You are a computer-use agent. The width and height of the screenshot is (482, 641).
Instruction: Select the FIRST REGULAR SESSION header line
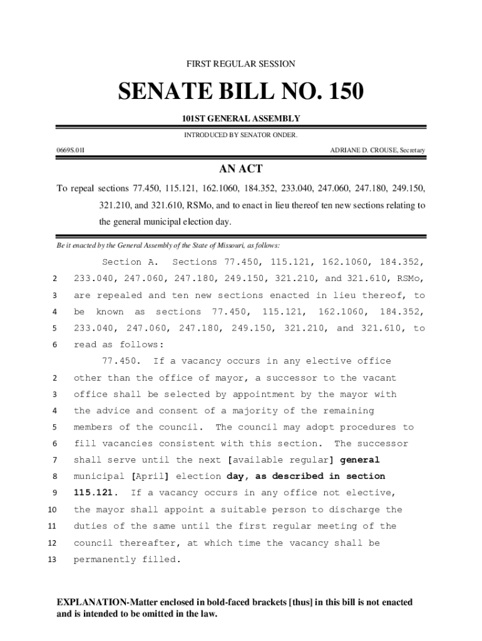pos(241,64)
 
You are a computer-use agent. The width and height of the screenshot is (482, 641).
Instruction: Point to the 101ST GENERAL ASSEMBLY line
pos(241,118)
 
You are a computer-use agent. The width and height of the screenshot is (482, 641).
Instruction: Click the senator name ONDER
pos(285,135)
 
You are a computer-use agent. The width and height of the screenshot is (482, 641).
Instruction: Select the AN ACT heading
pos(241,169)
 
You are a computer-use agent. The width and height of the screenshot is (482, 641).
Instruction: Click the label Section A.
pos(130,262)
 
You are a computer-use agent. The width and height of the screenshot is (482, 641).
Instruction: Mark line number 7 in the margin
pos(54,461)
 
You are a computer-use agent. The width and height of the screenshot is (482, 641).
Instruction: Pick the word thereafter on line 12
pos(150,543)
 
